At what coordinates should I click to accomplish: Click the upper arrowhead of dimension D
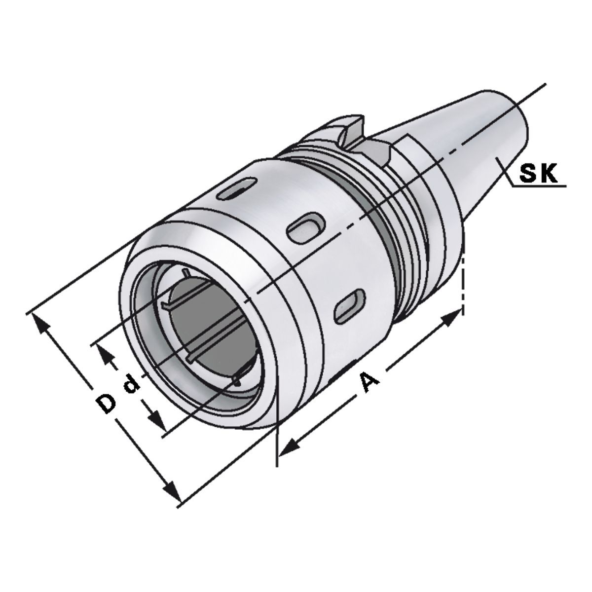click(40, 323)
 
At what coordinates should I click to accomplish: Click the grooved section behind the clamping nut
click(395, 222)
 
